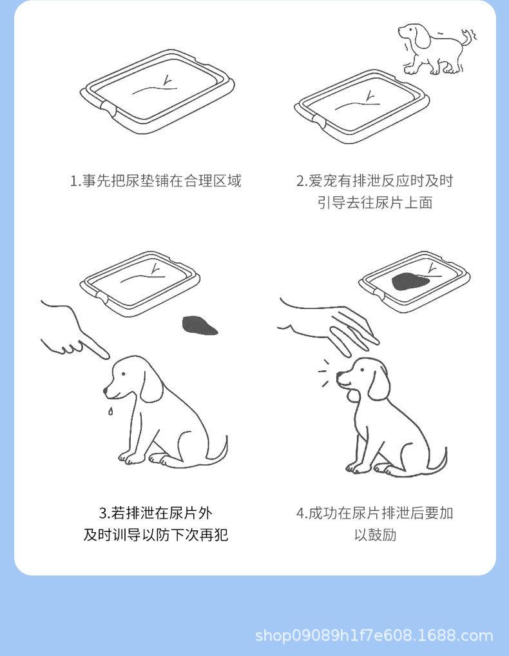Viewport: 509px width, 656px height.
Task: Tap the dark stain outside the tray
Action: tap(200, 325)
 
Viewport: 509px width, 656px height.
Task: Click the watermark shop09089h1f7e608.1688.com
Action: tap(374, 635)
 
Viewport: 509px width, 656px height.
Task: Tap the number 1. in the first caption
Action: tap(75, 181)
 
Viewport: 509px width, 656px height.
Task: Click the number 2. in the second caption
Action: tap(302, 181)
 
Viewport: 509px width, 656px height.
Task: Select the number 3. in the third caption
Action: tap(104, 513)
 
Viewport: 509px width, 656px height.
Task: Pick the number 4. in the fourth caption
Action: tap(302, 513)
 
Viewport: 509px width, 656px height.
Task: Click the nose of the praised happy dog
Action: tap(339, 373)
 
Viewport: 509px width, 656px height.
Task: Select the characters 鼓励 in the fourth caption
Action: tap(375, 535)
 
